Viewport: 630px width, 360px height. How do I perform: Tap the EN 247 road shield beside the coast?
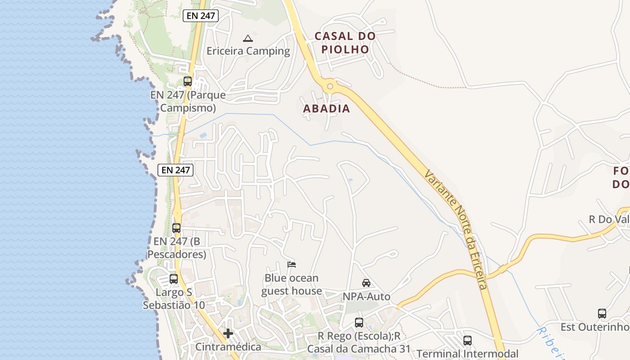pyautogui.click(x=175, y=170)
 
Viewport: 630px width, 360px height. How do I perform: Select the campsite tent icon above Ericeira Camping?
pyautogui.click(x=247, y=38)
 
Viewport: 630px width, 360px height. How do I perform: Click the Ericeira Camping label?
pyautogui.click(x=248, y=51)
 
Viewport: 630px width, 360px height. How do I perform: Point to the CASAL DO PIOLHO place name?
pyautogui.click(x=345, y=42)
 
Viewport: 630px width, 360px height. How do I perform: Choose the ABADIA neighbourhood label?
pyautogui.click(x=326, y=108)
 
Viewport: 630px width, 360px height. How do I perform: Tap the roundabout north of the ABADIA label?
pyautogui.click(x=330, y=86)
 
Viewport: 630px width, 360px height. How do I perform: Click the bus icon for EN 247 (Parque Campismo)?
pyautogui.click(x=188, y=82)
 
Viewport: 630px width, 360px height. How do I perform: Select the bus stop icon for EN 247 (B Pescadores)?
pyautogui.click(x=176, y=228)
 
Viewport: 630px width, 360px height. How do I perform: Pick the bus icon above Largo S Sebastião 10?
pyautogui.click(x=174, y=279)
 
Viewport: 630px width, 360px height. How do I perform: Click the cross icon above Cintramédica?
pyautogui.click(x=228, y=333)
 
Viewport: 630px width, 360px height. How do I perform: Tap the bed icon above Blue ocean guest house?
pyautogui.click(x=292, y=265)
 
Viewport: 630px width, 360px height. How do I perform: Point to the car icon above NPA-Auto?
pyautogui.click(x=366, y=283)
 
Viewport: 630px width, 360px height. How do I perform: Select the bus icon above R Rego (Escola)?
pyautogui.click(x=359, y=323)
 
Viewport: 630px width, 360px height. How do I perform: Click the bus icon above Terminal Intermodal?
pyautogui.click(x=468, y=341)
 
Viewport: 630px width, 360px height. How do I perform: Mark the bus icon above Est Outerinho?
pyautogui.click(x=602, y=314)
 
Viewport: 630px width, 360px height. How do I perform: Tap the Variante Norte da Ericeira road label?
pyautogui.click(x=455, y=229)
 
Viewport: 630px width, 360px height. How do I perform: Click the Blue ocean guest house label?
pyautogui.click(x=292, y=284)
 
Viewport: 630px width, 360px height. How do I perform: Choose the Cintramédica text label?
pyautogui.click(x=228, y=347)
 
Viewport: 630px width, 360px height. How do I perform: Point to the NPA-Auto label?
pyautogui.click(x=366, y=297)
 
